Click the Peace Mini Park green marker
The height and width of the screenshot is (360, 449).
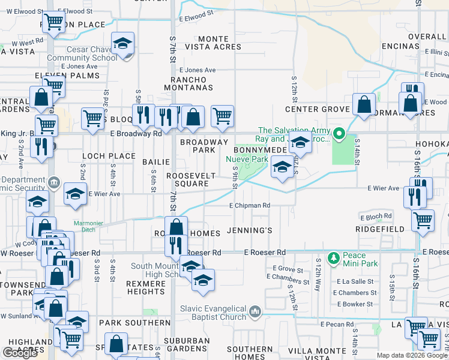coord(334,258)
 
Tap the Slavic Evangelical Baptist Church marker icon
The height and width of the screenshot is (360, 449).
coord(255,312)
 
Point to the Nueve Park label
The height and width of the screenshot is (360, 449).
coord(246,159)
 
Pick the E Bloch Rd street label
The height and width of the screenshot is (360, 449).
coord(376,215)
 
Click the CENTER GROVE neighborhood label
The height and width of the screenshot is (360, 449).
coord(317,109)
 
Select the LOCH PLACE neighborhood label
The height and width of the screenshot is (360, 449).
coord(109,156)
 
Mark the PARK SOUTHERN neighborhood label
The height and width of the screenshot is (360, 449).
coord(128,323)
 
